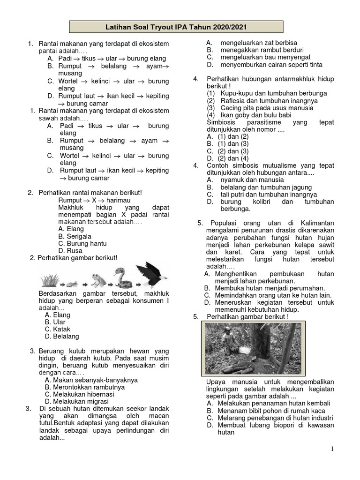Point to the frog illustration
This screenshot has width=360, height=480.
98,280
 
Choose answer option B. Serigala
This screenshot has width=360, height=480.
75,236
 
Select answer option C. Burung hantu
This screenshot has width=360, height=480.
82,243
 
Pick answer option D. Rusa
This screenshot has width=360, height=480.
70,250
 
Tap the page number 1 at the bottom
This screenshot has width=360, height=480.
332,449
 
